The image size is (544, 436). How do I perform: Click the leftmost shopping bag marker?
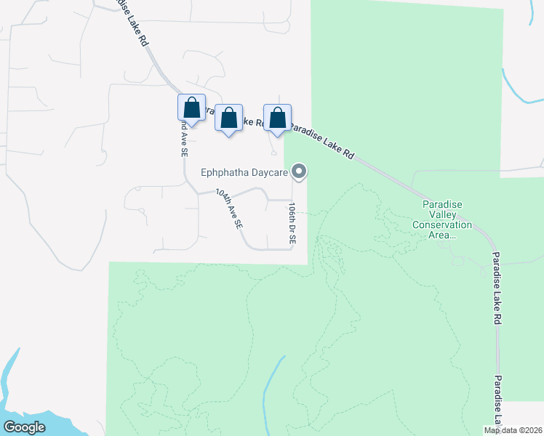pos(191,108)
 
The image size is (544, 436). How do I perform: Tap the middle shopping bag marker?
pos(229,117)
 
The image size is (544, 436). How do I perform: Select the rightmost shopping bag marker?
pos(277,117)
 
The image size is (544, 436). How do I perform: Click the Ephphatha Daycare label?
pos(244,173)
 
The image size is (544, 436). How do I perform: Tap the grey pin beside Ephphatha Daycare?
pos(299,172)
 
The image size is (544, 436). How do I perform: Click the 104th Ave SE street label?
pos(229,210)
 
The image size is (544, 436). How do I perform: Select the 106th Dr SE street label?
pos(292,223)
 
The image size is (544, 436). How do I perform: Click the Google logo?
pos(25,427)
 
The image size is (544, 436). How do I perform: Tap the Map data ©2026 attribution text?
pos(513,430)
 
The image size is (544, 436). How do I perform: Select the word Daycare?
pos(267,173)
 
